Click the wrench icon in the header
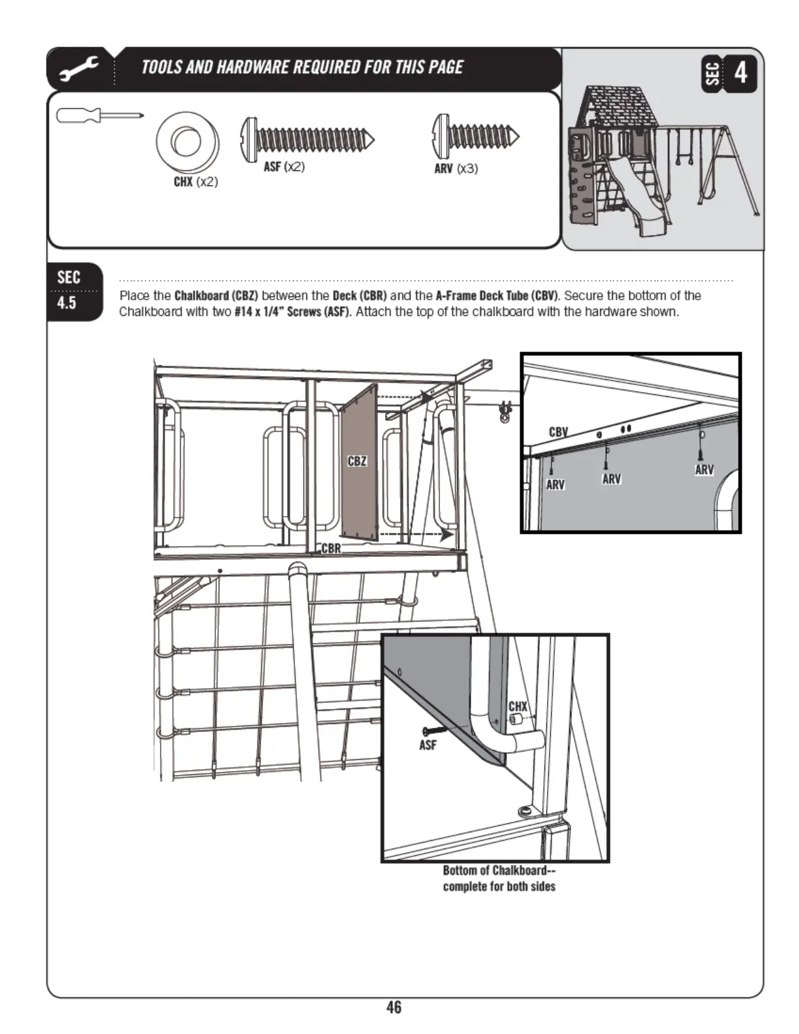[79, 69]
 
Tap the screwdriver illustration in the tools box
[99, 116]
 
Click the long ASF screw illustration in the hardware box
[307, 138]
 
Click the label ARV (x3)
[456, 168]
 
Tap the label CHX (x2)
[195, 181]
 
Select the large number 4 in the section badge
[740, 72]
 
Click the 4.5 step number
[67, 303]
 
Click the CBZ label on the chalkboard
[357, 462]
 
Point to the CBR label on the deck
[331, 548]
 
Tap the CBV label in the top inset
[558, 432]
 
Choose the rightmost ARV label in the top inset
[704, 469]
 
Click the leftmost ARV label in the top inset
[555, 484]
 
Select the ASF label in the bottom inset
[428, 745]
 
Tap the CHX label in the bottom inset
[518, 706]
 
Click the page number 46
[394, 1007]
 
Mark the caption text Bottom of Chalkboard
[494, 870]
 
